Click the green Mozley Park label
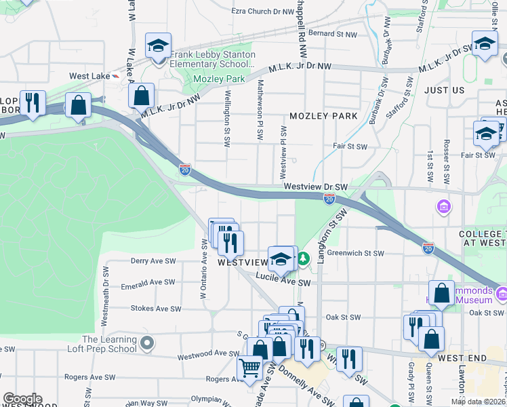click(x=218, y=79)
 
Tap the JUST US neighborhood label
click(x=445, y=90)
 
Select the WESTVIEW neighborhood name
click(x=243, y=262)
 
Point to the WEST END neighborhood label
click(x=462, y=357)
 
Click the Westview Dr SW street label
click(x=315, y=187)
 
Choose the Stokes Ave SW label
click(x=157, y=308)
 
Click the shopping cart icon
click(x=250, y=367)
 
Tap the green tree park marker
click(x=304, y=258)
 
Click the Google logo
click(x=22, y=399)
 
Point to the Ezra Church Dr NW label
click(x=262, y=12)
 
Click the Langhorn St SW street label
click(x=331, y=233)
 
